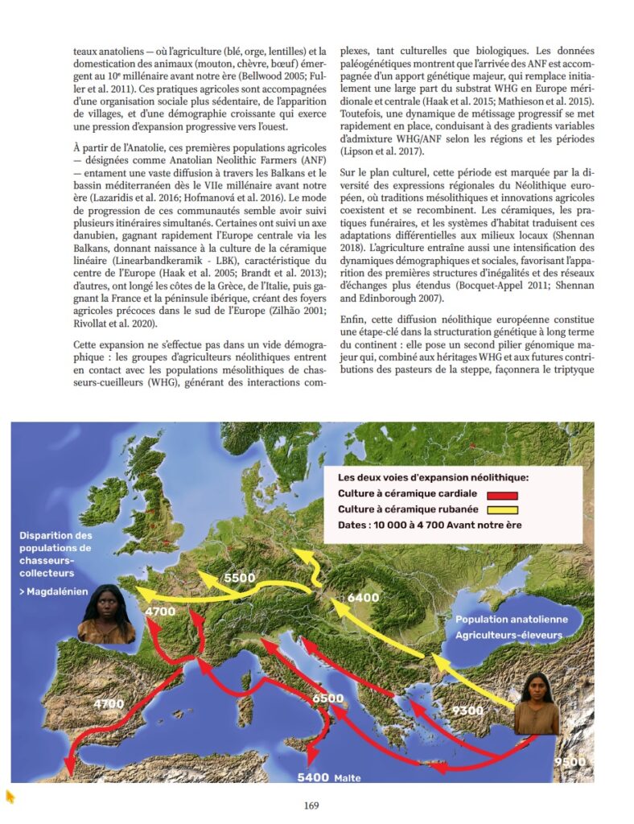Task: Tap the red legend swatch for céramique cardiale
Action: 500,496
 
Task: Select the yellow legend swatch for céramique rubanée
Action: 500,509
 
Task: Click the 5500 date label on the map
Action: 241,578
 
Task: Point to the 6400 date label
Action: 363,598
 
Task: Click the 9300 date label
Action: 467,711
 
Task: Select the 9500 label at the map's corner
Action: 570,760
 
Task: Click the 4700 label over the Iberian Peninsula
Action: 109,704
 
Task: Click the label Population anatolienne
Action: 511,620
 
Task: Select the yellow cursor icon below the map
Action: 10,797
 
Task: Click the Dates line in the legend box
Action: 430,525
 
